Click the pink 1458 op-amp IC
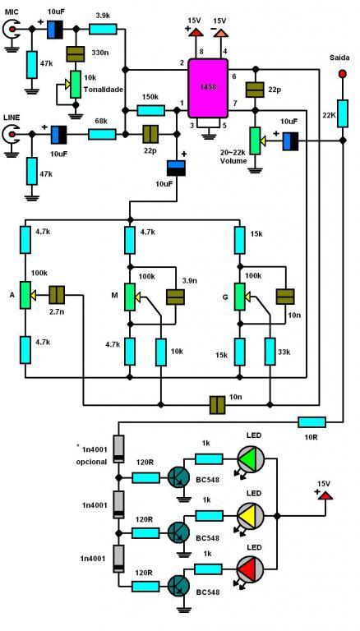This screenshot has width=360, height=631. [x=209, y=89]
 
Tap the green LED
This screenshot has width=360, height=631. [x=250, y=458]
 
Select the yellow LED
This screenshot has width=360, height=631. [x=250, y=515]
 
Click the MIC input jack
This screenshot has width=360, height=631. [x=10, y=29]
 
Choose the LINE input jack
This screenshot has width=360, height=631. [x=10, y=134]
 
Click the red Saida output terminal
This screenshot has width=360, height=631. [x=343, y=74]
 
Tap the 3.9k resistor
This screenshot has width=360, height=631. [x=103, y=29]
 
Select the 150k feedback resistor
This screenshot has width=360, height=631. [x=151, y=110]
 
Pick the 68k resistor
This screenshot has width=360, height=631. [x=102, y=134]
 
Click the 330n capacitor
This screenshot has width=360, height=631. [x=76, y=53]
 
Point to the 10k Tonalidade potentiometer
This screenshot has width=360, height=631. [x=76, y=85]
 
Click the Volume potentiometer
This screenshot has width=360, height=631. [x=255, y=140]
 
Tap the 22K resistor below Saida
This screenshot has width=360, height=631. [x=343, y=113]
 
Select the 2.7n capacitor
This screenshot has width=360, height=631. [x=57, y=295]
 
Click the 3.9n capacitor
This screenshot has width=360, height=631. [x=175, y=297]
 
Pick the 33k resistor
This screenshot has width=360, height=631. [x=270, y=352]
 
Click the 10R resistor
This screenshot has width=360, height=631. [x=312, y=421]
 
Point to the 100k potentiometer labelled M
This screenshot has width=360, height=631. [x=130, y=297]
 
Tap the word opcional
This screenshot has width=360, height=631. [x=91, y=462]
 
